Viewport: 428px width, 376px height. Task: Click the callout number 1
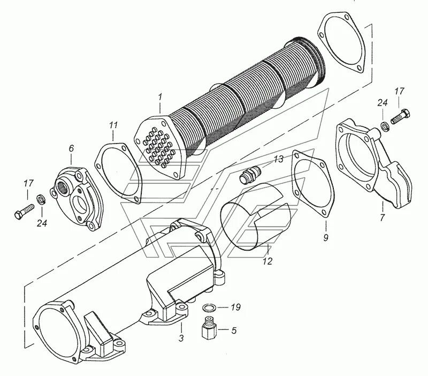click(159, 97)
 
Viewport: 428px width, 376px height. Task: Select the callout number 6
click(71, 147)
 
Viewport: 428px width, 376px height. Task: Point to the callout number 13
click(279, 160)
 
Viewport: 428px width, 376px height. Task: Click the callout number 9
click(325, 237)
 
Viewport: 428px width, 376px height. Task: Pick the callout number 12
click(267, 262)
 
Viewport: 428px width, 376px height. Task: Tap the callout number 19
click(236, 307)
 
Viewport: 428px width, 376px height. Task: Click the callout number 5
click(233, 330)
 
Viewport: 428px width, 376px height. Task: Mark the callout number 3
click(181, 339)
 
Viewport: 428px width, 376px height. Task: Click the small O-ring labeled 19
click(210, 308)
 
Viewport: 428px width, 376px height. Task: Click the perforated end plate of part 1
click(159, 146)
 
